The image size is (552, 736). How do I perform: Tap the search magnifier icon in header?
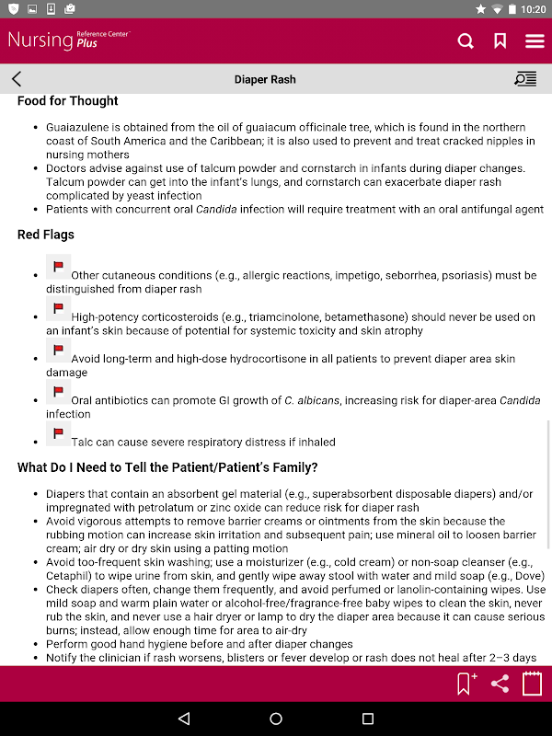466,40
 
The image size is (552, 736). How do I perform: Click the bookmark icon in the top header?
500,40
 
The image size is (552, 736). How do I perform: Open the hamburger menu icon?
535,40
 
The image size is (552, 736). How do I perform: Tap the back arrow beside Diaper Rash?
17,79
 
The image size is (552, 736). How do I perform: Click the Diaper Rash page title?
265,80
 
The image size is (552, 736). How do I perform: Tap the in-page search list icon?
525,79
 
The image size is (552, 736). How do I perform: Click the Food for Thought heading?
67,101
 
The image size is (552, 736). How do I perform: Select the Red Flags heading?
46,235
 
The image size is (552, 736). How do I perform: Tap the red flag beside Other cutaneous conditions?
58,268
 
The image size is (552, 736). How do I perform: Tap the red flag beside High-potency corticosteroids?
58,309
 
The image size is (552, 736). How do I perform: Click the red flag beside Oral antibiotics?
58,393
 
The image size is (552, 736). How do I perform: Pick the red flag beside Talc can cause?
58,434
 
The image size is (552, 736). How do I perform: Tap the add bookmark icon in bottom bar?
466,684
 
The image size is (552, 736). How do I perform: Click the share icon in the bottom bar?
500,684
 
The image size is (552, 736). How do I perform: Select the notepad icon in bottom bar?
532,684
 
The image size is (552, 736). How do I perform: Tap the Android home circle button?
276,719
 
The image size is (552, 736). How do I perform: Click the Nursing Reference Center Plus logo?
69,40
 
